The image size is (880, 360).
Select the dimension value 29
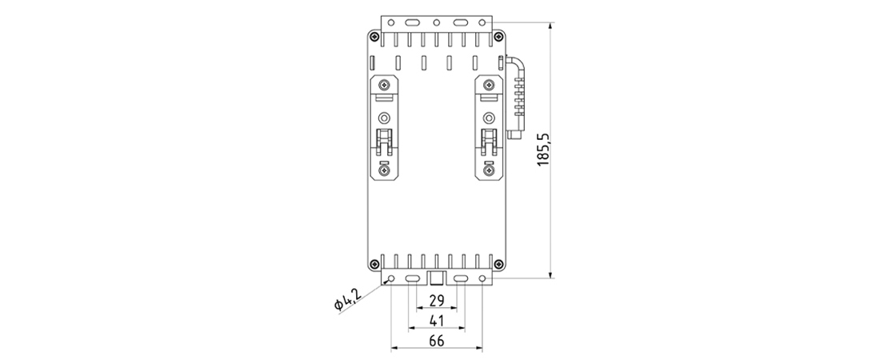(x=437, y=301)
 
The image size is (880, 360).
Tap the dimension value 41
(x=437, y=321)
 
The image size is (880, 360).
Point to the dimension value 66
(x=437, y=341)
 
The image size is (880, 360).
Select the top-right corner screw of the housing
(x=498, y=38)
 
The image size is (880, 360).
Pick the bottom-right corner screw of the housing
(x=498, y=264)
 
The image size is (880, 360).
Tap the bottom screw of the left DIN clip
(x=385, y=170)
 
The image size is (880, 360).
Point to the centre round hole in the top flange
(x=436, y=22)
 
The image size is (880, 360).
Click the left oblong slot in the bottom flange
(x=413, y=278)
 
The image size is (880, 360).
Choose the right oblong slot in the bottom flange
(x=461, y=278)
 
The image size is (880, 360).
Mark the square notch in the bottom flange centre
(x=437, y=278)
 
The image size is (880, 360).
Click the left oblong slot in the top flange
(x=413, y=22)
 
